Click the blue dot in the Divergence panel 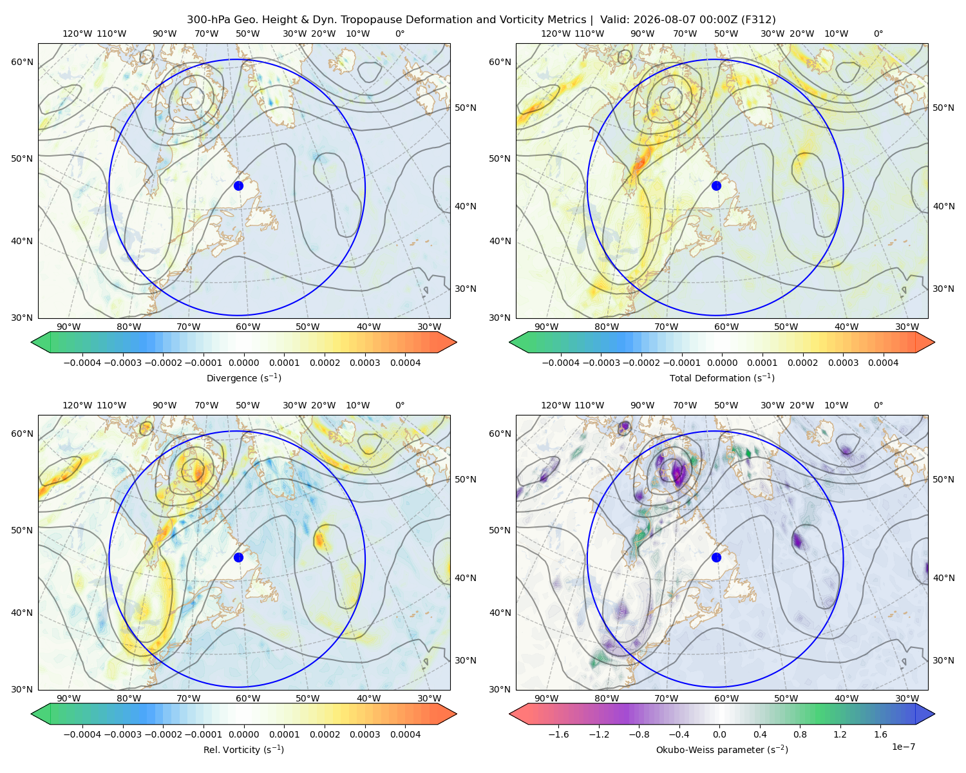238,186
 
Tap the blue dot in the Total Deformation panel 716,186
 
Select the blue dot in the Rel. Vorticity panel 238,557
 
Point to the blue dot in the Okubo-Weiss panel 716,557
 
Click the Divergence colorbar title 243,377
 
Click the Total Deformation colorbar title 722,377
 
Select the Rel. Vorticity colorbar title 243,749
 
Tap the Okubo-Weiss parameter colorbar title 722,749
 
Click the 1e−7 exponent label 903,747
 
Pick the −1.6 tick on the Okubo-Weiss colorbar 558,734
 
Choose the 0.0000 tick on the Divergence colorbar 243,363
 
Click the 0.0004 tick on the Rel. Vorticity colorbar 405,734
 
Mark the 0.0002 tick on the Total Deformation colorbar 802,363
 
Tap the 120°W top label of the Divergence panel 77,33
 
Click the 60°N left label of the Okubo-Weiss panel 500,434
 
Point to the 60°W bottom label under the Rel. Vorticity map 248,698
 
